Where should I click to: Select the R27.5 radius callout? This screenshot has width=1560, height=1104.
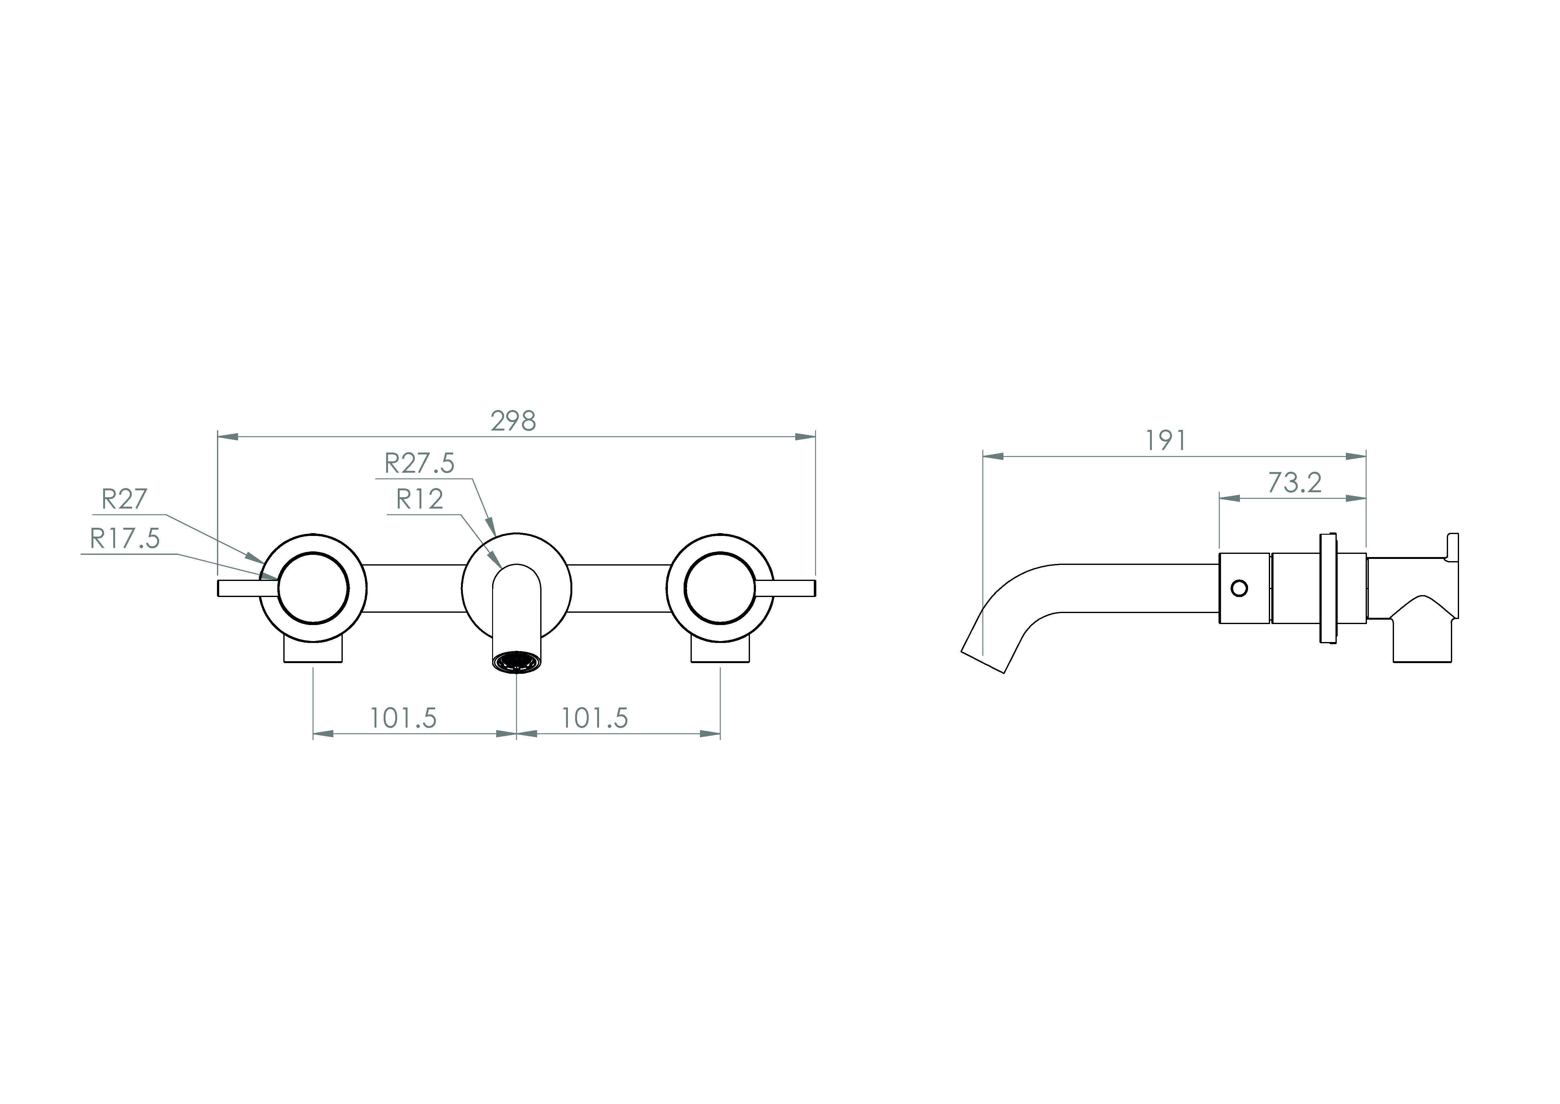click(419, 464)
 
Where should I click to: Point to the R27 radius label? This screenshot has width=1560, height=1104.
click(124, 500)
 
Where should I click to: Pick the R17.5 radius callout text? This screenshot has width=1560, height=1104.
click(125, 539)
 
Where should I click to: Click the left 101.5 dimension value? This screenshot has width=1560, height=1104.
click(403, 718)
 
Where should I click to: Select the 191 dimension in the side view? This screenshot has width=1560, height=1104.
click(1166, 441)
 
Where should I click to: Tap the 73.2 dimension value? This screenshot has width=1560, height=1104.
click(1294, 483)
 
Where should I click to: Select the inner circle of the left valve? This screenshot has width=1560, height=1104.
click(313, 588)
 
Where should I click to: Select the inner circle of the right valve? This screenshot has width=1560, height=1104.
click(719, 588)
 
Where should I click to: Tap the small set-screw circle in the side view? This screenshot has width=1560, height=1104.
click(1239, 588)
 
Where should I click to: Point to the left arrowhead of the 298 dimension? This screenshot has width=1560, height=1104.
click(228, 437)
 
